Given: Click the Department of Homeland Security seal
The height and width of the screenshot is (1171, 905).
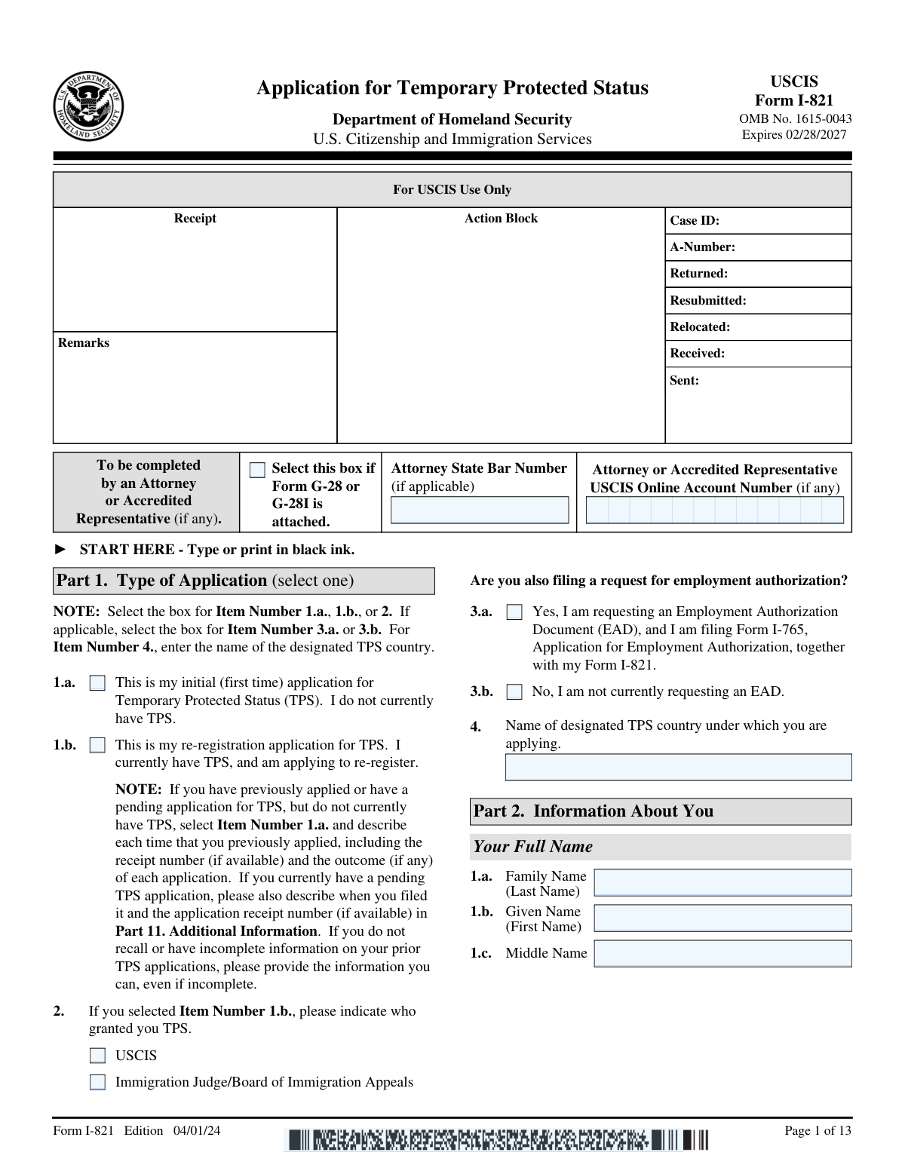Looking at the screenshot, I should tap(89, 106).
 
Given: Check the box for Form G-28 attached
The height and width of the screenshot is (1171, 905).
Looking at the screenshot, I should tap(257, 471).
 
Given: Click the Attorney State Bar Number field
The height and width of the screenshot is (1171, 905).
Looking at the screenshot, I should tap(480, 510).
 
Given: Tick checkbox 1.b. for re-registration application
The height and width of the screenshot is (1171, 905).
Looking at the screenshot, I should tap(97, 746).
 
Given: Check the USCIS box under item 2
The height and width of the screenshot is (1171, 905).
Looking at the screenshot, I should tap(97, 1056).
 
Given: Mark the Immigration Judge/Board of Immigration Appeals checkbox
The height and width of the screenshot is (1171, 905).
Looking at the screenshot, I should tap(97, 1083).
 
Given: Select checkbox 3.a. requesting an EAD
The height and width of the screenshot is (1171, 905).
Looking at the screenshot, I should tap(514, 612).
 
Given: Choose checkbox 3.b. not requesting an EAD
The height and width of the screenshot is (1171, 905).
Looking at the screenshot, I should tap(514, 692).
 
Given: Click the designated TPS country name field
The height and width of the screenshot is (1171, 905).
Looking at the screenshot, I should tap(678, 768).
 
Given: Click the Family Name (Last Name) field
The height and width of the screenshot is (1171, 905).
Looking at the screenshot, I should tap(722, 883).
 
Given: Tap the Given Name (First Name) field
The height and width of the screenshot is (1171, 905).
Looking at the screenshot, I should tap(722, 918).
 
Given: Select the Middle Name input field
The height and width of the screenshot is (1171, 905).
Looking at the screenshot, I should tap(722, 954).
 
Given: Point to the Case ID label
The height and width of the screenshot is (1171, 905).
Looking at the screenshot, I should tap(695, 221).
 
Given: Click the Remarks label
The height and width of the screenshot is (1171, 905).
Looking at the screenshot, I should tap(84, 343).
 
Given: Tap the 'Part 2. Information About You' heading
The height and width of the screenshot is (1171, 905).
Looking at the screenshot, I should tap(594, 811).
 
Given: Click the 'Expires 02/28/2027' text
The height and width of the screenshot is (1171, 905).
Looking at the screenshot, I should tap(794, 135).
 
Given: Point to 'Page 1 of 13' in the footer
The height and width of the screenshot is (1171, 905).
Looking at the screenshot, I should tap(818, 1130).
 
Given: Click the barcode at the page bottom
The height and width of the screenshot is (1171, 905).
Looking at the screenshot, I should tap(496, 1139).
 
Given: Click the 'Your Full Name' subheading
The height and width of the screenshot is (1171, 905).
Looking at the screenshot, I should tap(532, 847).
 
